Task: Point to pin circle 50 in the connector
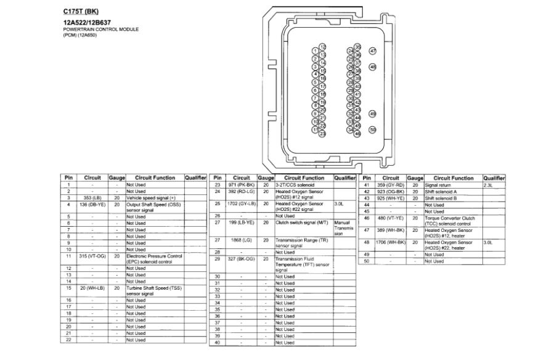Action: point(372,129)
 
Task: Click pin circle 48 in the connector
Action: point(372,67)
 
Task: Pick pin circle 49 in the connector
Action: point(372,113)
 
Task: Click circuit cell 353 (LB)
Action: point(92,198)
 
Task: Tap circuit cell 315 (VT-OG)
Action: point(92,255)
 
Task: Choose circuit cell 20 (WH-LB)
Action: point(92,287)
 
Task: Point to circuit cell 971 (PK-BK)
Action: point(241,185)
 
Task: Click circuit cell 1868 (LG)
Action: point(241,240)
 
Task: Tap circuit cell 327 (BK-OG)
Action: point(241,259)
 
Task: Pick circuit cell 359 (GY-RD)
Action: point(391,185)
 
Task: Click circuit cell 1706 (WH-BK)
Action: point(391,242)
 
